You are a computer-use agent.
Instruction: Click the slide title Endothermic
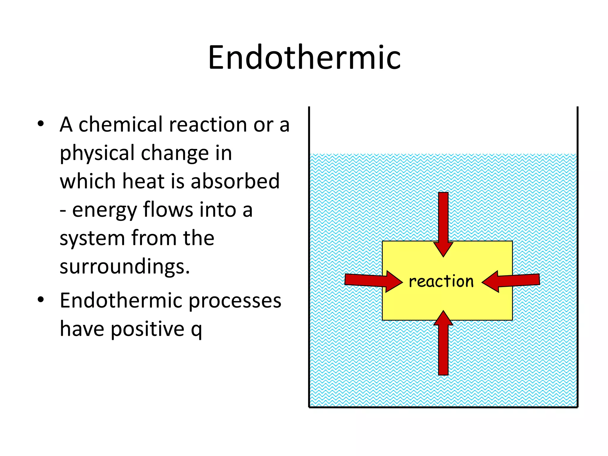pyautogui.click(x=304, y=57)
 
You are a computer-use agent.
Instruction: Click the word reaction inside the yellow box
pyautogui.click(x=441, y=281)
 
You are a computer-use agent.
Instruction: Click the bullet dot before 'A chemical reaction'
pyautogui.click(x=41, y=123)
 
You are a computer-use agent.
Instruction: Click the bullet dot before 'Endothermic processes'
pyautogui.click(x=41, y=300)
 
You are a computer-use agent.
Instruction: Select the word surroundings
pyautogui.click(x=124, y=266)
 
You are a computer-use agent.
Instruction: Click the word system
pyautogui.click(x=92, y=238)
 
